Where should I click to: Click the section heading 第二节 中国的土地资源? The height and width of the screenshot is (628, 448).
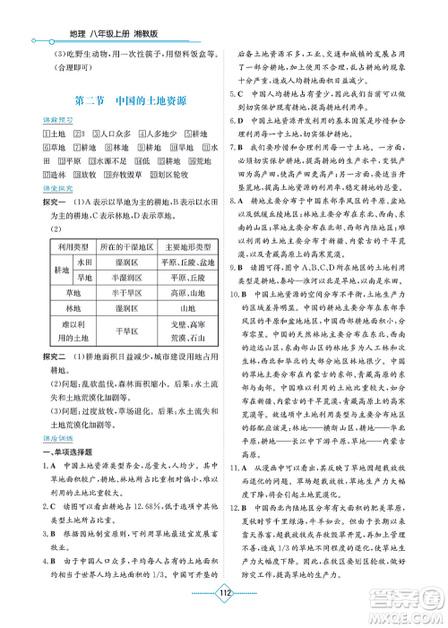tap(129, 100)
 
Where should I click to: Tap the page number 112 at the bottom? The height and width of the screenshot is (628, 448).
tap(225, 602)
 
